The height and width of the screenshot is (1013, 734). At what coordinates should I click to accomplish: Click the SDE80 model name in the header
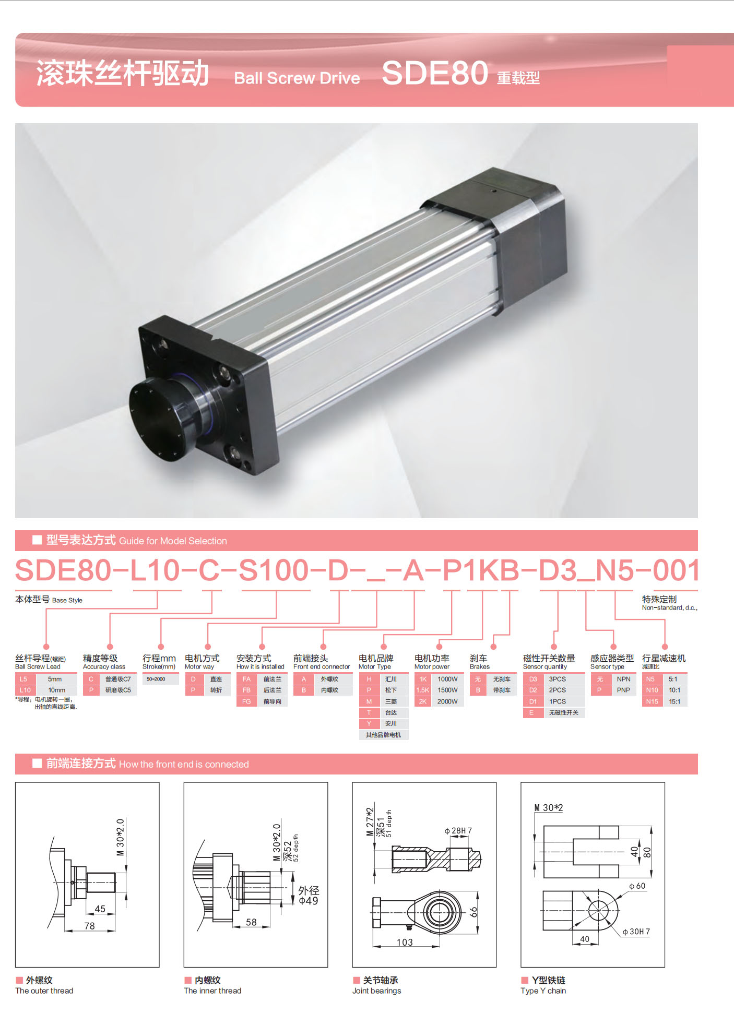pyautogui.click(x=435, y=73)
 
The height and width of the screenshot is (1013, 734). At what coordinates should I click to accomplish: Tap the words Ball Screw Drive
pyautogui.click(x=297, y=78)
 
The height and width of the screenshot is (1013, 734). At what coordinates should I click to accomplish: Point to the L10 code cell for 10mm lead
pyautogui.click(x=25, y=690)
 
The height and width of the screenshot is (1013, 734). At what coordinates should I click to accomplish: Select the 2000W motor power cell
pyautogui.click(x=447, y=701)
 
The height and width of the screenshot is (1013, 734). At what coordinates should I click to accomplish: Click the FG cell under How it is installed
pyautogui.click(x=246, y=701)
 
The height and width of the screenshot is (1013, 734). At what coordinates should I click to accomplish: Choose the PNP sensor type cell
pyautogui.click(x=623, y=690)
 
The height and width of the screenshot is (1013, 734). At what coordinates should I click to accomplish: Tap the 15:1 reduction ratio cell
pyautogui.click(x=674, y=701)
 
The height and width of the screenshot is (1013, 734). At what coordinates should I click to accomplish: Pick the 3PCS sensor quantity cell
pyautogui.click(x=557, y=679)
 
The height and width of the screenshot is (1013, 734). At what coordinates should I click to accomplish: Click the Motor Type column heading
pyautogui.click(x=375, y=666)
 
